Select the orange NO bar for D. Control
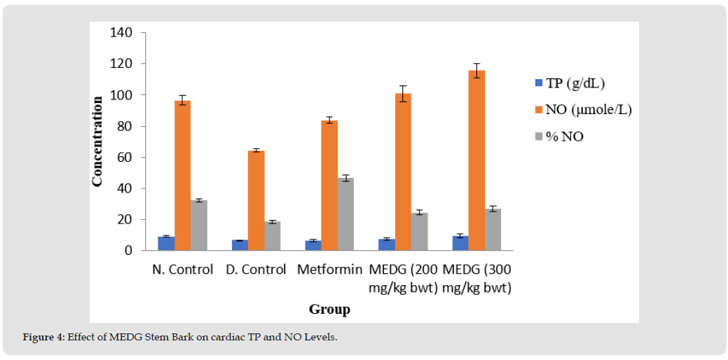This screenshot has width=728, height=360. pyautogui.click(x=256, y=200)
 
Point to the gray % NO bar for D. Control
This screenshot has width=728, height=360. pyautogui.click(x=273, y=236)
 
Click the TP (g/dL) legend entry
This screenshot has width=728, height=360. pyautogui.click(x=570, y=83)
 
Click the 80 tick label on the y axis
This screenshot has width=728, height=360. pyautogui.click(x=125, y=126)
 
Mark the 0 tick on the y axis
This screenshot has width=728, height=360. pyautogui.click(x=128, y=250)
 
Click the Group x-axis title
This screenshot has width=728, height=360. pyautogui.click(x=329, y=309)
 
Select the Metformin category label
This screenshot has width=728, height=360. pyautogui.click(x=329, y=270)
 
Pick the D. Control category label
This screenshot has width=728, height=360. pyautogui.click(x=256, y=270)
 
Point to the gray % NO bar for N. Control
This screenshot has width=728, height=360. pyautogui.click(x=199, y=225)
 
